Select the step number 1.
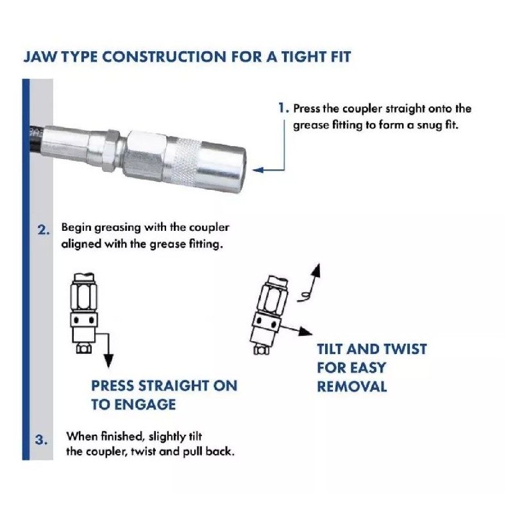pyautogui.click(x=282, y=108)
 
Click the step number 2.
pyautogui.click(x=43, y=230)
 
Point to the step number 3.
pyautogui.click(x=41, y=440)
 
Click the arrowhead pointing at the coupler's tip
pyautogui.click(x=258, y=170)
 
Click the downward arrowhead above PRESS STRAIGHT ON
pyautogui.click(x=108, y=361)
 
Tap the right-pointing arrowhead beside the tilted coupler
pyautogui.click(x=306, y=332)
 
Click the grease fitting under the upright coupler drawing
pyautogui.click(x=84, y=348)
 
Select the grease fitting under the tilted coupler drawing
pyautogui.click(x=262, y=350)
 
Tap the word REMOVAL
pyautogui.click(x=352, y=387)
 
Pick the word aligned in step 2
pyautogui.click(x=81, y=244)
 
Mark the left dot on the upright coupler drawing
pyautogui.click(x=77, y=319)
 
